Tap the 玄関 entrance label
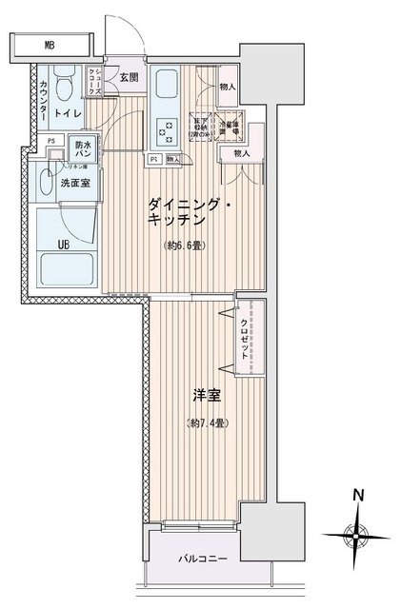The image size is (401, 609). tap(130, 78)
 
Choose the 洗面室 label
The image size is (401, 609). tap(73, 183)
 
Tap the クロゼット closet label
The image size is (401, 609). tap(245, 335)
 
